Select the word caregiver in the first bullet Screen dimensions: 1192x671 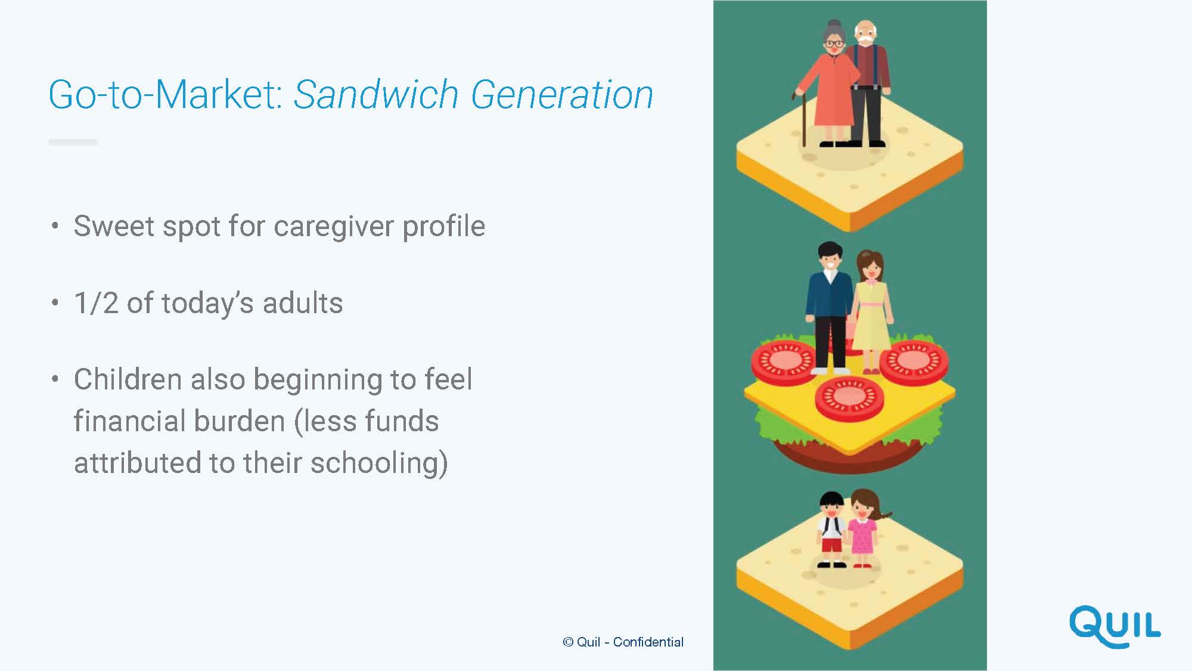tap(334, 227)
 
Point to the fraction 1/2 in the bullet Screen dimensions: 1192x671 tap(96, 303)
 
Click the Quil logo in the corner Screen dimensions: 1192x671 tap(1115, 627)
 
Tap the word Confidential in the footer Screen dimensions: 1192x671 tap(648, 642)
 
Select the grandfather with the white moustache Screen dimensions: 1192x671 tap(868, 84)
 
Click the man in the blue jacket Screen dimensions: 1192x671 tap(828, 308)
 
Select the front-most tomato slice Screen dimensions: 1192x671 tap(849, 398)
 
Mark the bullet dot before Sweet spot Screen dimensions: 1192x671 tap(55, 226)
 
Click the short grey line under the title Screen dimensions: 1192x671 tap(73, 142)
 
